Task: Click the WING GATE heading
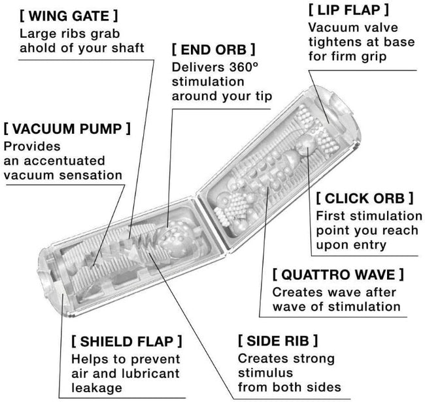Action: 69,14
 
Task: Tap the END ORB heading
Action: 213,50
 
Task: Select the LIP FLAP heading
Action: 348,10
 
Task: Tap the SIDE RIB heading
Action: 278,340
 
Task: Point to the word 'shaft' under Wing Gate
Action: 127,48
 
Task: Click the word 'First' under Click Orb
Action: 330,215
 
